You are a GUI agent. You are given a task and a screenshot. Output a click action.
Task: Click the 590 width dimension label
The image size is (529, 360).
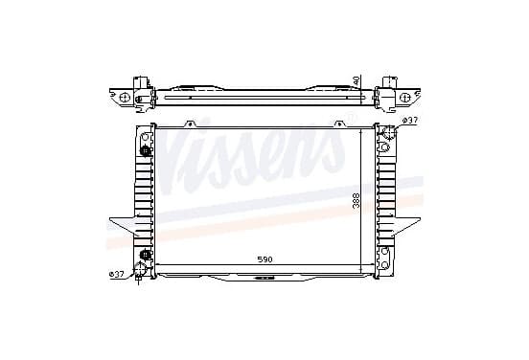264,259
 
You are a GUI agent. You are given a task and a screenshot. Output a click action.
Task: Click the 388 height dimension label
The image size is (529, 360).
356,201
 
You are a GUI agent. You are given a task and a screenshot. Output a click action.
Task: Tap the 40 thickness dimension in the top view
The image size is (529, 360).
356,80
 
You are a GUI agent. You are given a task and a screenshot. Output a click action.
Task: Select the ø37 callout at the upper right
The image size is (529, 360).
410,121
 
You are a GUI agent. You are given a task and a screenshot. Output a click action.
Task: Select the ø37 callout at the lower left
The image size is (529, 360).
117,274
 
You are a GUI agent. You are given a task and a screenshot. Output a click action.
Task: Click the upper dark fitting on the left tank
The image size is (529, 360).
145,150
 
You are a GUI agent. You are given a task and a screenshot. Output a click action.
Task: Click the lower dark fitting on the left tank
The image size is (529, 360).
145,254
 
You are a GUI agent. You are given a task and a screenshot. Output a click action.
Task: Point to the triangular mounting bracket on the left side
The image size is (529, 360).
124,226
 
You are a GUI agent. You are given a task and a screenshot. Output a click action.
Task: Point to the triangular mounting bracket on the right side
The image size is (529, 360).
406,226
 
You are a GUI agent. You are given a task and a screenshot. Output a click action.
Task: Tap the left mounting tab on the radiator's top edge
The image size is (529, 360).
190,124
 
